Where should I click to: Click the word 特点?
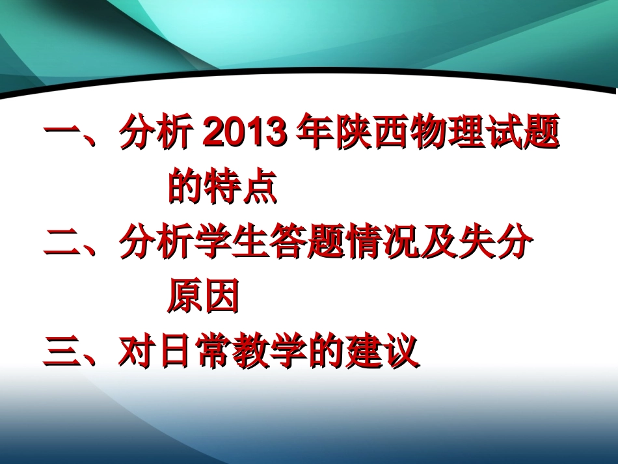pos(241,188)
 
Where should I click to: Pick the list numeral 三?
pos(61,352)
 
